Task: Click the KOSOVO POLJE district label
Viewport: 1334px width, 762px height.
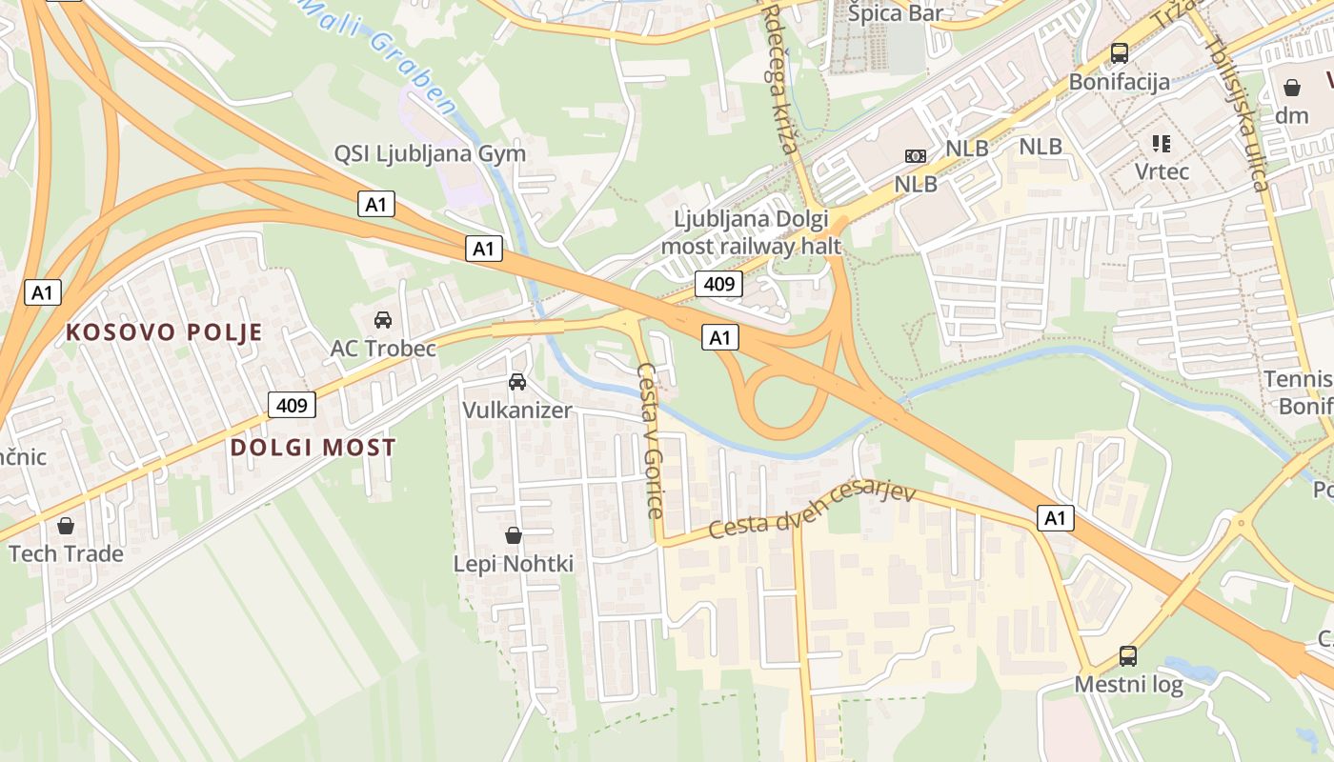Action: click(x=164, y=332)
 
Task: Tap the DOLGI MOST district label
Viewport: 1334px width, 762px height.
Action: click(x=313, y=448)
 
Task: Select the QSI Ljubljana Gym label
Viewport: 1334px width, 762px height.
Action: click(x=430, y=153)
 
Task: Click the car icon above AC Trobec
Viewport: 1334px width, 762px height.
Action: click(x=383, y=319)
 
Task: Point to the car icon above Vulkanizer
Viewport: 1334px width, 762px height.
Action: click(x=517, y=381)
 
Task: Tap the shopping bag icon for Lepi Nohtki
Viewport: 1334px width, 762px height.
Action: click(x=514, y=535)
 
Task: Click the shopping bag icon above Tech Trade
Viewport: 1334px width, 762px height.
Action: click(x=66, y=525)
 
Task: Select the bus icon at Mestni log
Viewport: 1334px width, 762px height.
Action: click(x=1128, y=655)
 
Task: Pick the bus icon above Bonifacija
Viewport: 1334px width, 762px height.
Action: click(x=1120, y=53)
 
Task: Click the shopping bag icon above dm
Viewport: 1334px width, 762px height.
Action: click(x=1292, y=88)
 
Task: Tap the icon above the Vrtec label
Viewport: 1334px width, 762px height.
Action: click(x=1162, y=144)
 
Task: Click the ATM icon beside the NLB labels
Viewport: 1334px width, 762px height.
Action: click(x=916, y=155)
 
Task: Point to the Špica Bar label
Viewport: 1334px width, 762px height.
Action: click(x=896, y=13)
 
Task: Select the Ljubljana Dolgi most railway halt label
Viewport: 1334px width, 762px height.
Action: click(x=758, y=232)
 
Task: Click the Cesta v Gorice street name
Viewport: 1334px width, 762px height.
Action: click(x=650, y=440)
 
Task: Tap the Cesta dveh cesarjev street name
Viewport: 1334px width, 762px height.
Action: click(x=812, y=511)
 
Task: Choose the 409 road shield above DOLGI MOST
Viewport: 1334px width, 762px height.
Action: click(x=292, y=405)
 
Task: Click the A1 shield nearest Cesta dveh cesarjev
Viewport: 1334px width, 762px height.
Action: click(x=1055, y=518)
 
